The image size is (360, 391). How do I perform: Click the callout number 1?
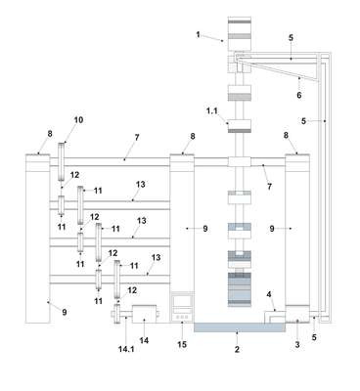click(x=198, y=34)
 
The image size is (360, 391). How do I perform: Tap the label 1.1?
click(x=211, y=111)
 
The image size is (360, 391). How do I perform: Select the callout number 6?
click(x=298, y=95)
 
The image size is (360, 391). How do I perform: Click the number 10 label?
click(x=78, y=120)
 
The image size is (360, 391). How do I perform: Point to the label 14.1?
click(x=126, y=349)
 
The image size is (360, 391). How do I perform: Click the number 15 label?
click(x=182, y=344)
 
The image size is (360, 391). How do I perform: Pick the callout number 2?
click(x=237, y=350)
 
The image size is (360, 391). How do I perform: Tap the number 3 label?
click(x=297, y=344)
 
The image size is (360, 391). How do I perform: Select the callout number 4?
click(x=269, y=294)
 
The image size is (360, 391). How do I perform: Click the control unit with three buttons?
click(x=182, y=307)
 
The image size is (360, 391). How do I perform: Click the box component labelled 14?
click(x=144, y=314)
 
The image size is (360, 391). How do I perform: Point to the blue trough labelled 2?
click(x=240, y=327)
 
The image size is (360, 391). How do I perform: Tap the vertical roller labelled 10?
click(x=62, y=161)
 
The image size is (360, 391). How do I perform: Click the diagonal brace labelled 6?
click(x=277, y=70)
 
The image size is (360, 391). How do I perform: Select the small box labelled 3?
click(x=297, y=314)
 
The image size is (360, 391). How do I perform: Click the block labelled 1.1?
click(x=240, y=126)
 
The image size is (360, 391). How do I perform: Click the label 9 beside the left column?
click(x=65, y=312)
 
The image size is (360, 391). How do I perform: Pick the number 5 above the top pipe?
click(x=291, y=37)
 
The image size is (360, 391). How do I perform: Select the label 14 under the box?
click(x=144, y=340)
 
